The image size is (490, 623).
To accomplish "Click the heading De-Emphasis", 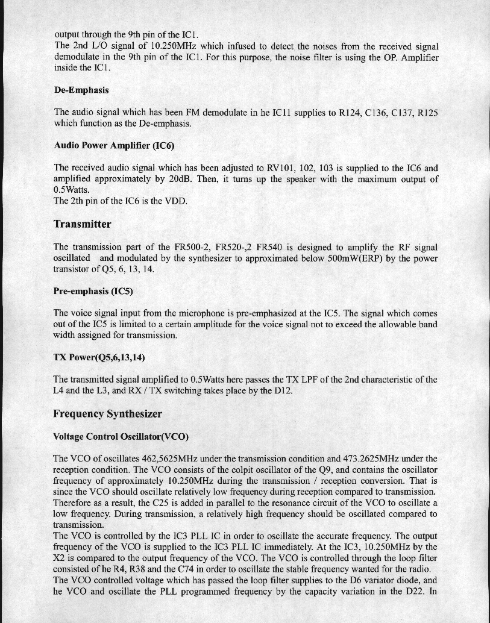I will (x=81, y=90).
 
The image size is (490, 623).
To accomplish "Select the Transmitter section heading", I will (x=83, y=224).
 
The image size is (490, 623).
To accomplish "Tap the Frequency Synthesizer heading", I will (x=107, y=414).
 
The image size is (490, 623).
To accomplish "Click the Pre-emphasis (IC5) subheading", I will (x=93, y=290).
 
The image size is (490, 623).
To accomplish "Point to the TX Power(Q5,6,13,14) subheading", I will (x=99, y=357).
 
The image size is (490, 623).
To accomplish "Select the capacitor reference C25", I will (x=171, y=502).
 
